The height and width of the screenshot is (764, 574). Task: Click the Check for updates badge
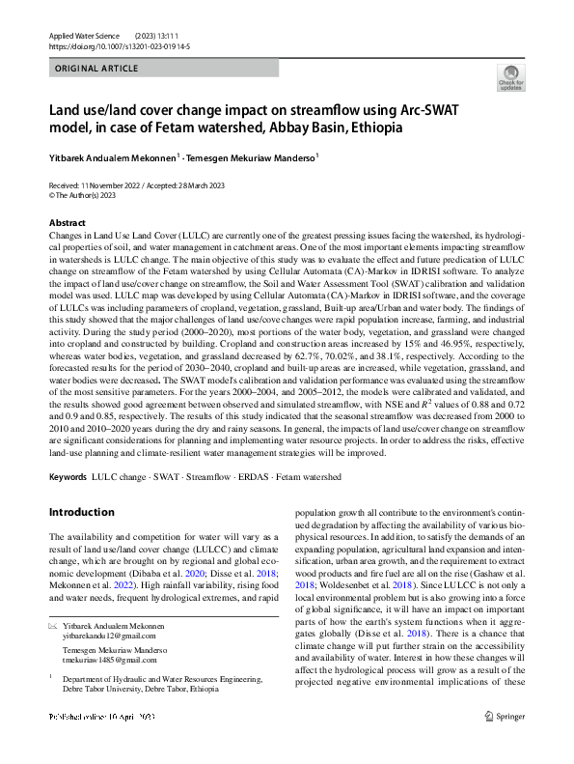[x=509, y=78]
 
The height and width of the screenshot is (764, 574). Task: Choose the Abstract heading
[x=68, y=222]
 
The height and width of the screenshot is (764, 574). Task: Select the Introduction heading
[x=81, y=512]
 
